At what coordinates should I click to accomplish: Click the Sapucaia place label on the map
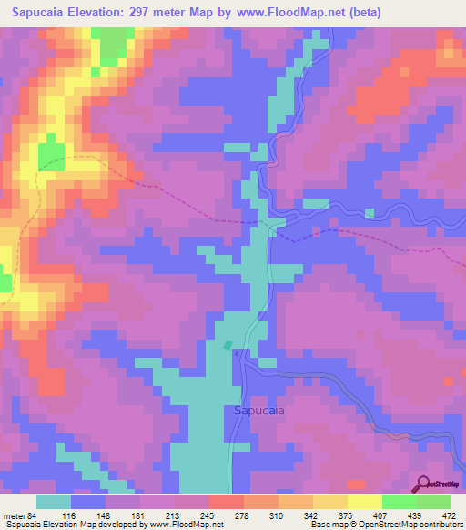click(259, 410)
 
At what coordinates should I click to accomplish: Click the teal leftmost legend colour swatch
click(54, 502)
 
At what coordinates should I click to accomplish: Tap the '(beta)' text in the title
click(360, 13)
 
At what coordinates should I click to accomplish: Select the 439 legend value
click(415, 515)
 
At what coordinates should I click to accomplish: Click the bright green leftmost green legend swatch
click(399, 502)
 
